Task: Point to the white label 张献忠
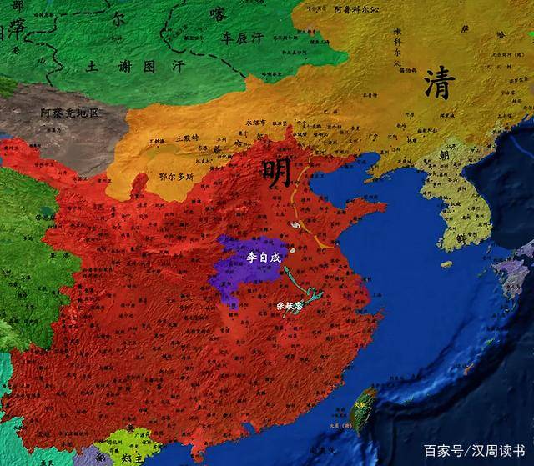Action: tap(291, 306)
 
